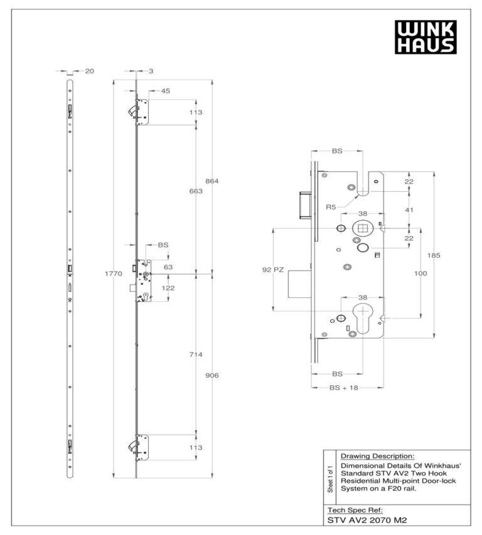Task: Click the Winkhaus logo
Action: point(425,36)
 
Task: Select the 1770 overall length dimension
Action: point(113,273)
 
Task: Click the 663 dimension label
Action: point(196,191)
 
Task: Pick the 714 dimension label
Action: point(196,354)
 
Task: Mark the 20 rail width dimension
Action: point(89,71)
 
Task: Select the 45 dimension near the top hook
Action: point(166,91)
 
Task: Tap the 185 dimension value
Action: point(434,255)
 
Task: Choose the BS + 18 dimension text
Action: point(343,388)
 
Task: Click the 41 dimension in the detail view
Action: point(409,211)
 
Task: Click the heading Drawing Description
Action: point(377,456)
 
